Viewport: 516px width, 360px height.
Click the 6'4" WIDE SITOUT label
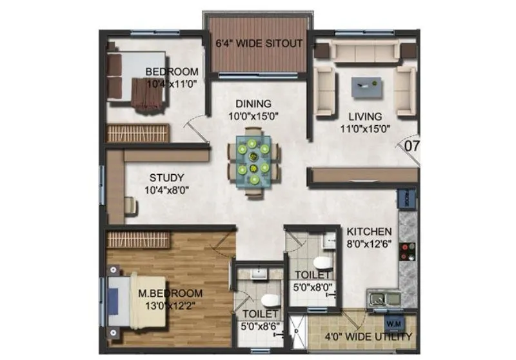(259, 44)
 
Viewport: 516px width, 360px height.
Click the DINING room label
(253, 104)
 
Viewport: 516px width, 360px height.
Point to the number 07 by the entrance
(412, 146)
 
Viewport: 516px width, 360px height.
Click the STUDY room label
(166, 177)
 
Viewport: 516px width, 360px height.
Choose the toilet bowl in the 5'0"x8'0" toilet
(321, 264)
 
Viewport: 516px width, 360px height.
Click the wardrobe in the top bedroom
(137, 133)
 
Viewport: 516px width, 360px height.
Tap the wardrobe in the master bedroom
(137, 239)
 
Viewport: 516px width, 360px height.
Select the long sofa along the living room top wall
(365, 50)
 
